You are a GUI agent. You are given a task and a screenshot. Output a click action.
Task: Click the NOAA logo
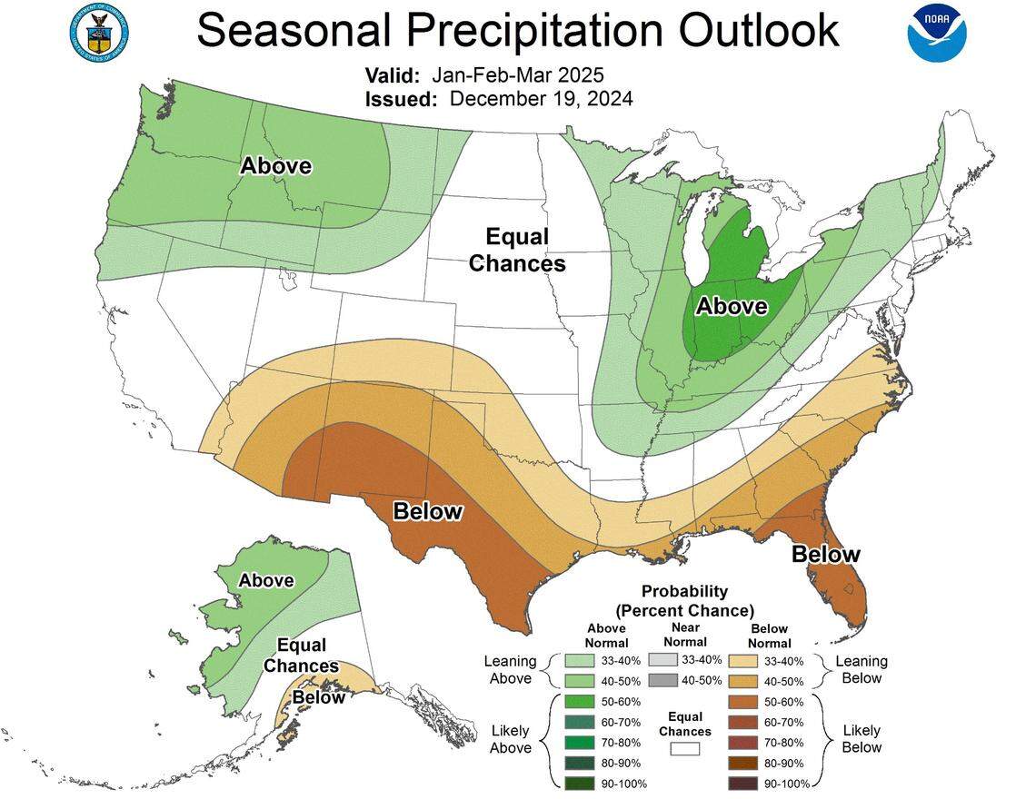pos(937,33)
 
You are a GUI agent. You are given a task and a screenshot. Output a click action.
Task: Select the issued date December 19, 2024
pos(541,98)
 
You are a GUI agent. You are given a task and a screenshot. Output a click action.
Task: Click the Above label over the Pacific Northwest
pos(275,166)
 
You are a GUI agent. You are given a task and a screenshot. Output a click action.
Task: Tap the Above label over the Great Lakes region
pos(732,307)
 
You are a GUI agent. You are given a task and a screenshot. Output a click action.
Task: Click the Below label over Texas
pos(427,511)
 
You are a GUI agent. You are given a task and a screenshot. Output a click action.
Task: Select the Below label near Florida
pos(825,554)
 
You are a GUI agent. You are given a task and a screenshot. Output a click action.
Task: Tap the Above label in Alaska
pos(265,580)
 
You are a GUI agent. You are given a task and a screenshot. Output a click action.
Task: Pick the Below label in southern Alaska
pos(318,697)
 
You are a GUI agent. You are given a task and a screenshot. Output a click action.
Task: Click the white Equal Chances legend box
pos(685,749)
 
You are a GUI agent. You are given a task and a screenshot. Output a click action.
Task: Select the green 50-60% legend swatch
pos(578,701)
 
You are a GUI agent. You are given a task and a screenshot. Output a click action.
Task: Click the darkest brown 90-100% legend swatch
pos(744,783)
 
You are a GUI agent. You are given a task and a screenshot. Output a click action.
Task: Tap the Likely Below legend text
pos(862,739)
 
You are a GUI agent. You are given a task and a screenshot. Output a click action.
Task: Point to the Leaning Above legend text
pos(510,670)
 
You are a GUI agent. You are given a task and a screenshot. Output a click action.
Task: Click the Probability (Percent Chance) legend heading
pos(684,600)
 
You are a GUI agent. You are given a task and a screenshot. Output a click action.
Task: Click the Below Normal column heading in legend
pos(770,635)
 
